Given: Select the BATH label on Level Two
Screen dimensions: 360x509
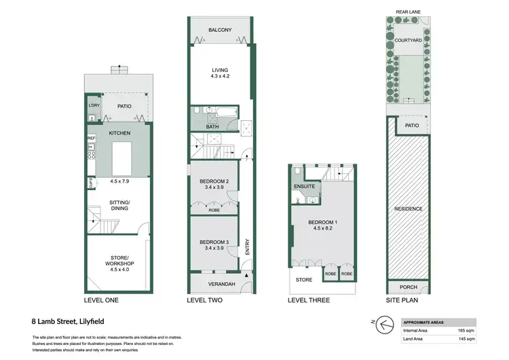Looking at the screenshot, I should pyautogui.click(x=212, y=126).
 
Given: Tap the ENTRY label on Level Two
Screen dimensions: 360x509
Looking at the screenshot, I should pyautogui.click(x=248, y=245).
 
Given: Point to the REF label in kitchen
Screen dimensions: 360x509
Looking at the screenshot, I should pyautogui.click(x=91, y=139).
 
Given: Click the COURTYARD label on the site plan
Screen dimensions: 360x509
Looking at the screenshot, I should pyautogui.click(x=409, y=40).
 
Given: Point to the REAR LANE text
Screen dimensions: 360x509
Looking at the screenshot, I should pyautogui.click(x=409, y=12).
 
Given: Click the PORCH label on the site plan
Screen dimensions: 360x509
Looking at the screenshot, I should pyautogui.click(x=409, y=287).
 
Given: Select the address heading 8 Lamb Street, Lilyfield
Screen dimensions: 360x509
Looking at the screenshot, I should pyautogui.click(x=67, y=321).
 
